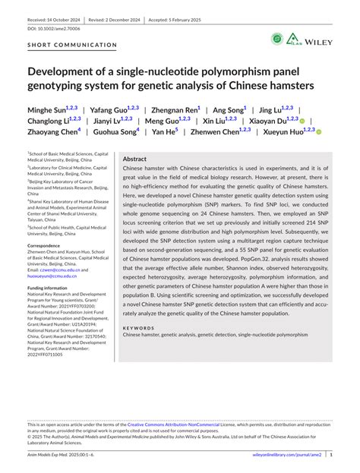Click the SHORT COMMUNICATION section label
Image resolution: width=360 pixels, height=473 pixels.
point(72,45)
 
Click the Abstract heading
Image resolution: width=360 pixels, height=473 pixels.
point(134,159)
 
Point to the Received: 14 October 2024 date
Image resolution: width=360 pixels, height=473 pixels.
point(57,14)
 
